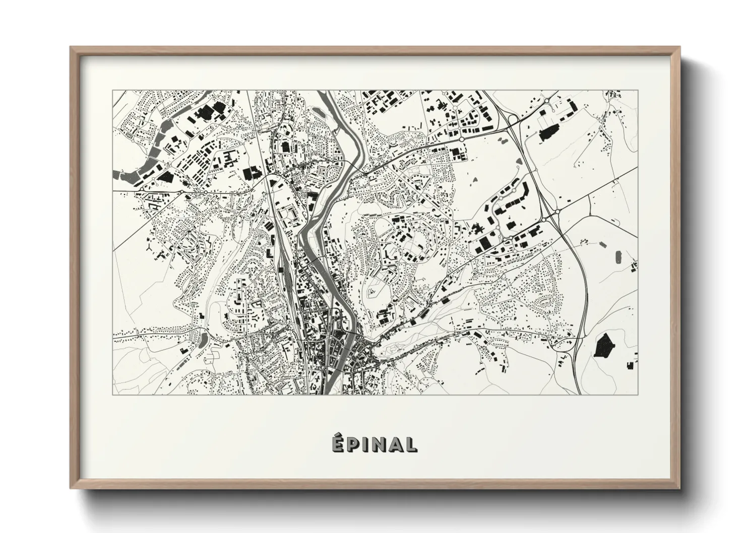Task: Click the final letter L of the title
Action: pyautogui.click(x=411, y=444)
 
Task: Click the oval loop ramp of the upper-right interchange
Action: pyautogui.click(x=512, y=119)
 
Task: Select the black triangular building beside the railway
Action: pyautogui.click(x=273, y=182)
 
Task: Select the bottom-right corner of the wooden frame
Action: pyautogui.click(x=679, y=489)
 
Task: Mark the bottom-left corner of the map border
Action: pyautogui.click(x=112, y=394)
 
